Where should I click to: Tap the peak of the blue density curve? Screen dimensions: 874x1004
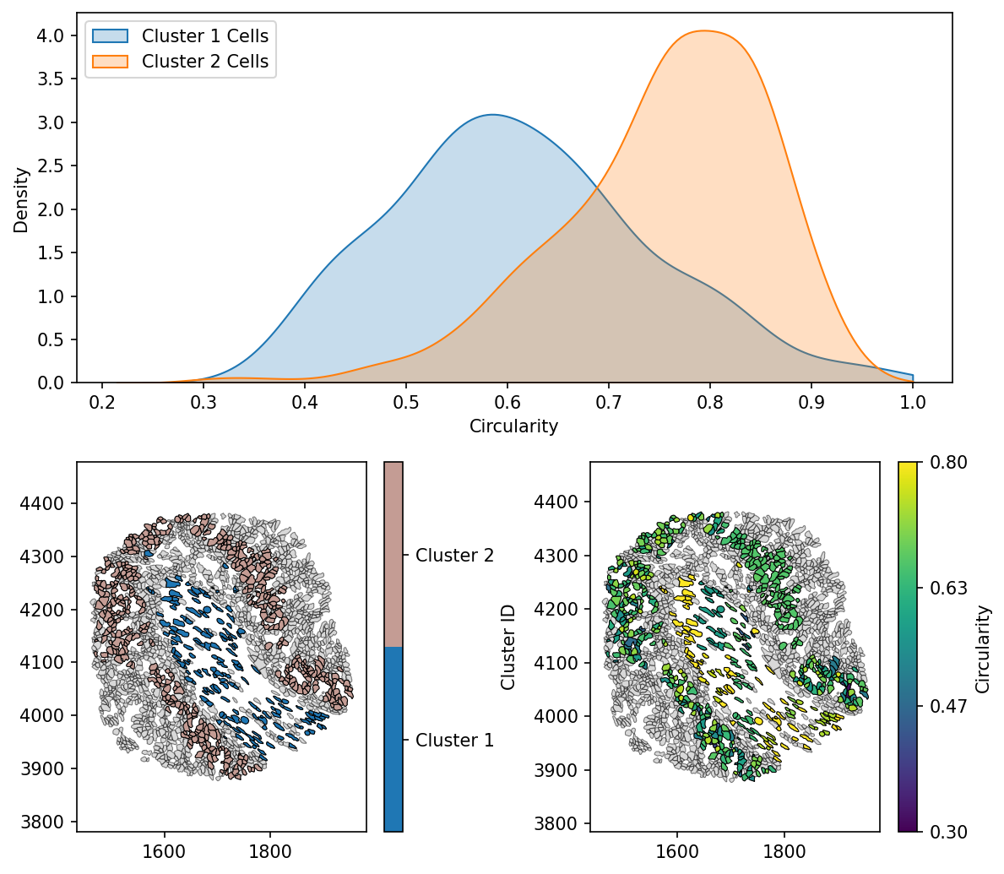point(492,115)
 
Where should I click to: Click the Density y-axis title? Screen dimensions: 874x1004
point(22,199)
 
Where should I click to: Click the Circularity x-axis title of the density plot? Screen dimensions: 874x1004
point(513,426)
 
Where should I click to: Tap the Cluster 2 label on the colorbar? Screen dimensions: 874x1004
point(454,556)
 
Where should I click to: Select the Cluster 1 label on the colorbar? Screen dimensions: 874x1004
point(454,741)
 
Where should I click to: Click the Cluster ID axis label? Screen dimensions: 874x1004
point(508,647)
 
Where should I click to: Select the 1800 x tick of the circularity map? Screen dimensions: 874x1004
point(784,851)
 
